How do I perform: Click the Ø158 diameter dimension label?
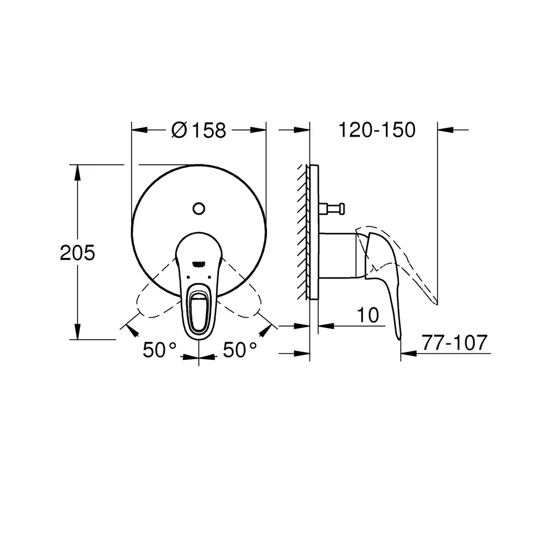click(199, 130)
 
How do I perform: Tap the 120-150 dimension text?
click(377, 130)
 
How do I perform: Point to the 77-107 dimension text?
click(454, 343)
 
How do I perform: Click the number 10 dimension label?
click(367, 315)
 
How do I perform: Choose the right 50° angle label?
click(240, 349)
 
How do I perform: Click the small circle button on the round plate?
click(199, 209)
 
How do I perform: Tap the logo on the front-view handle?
click(199, 264)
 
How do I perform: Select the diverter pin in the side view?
click(332, 209)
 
